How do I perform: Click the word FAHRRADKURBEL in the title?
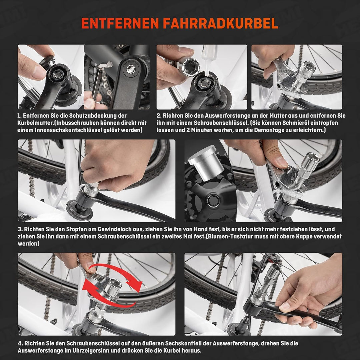[221, 23]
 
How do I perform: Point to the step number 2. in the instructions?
[159, 116]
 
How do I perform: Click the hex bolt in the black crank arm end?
[130, 69]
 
